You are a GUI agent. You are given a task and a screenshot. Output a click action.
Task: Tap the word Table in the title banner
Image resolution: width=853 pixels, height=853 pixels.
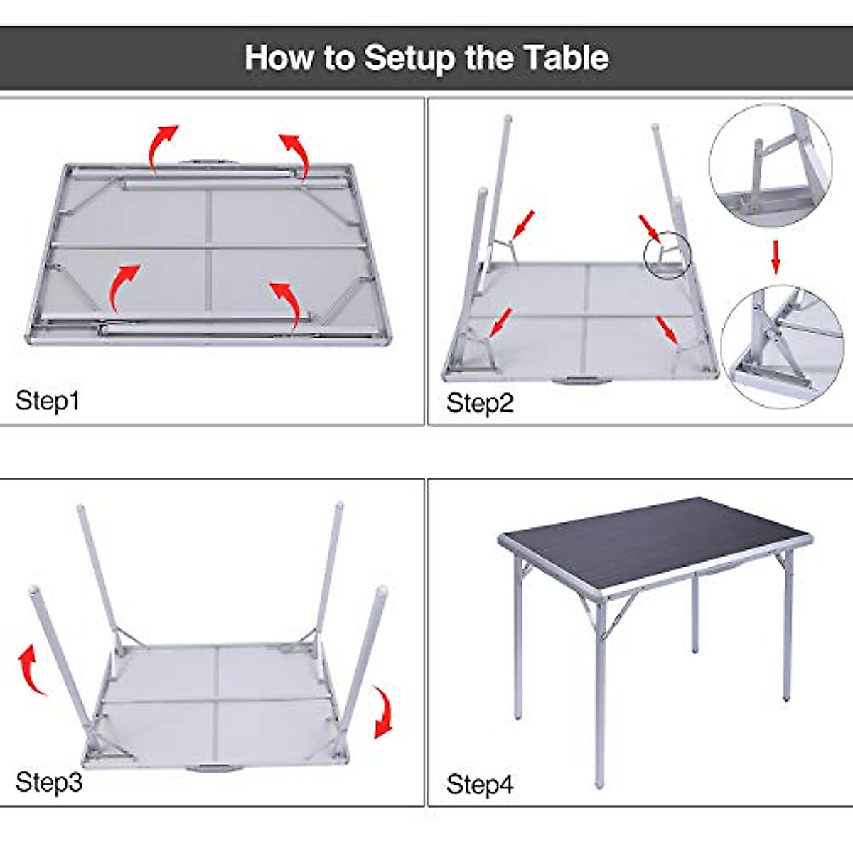click(x=566, y=58)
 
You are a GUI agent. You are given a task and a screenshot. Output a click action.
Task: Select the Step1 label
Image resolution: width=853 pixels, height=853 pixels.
click(x=48, y=401)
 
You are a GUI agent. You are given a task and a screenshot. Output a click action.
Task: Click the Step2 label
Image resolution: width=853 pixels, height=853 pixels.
click(x=479, y=403)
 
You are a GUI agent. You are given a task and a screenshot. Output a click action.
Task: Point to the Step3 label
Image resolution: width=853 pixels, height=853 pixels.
click(x=48, y=782)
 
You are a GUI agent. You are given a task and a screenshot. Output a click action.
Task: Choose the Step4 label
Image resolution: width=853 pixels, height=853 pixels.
click(x=479, y=785)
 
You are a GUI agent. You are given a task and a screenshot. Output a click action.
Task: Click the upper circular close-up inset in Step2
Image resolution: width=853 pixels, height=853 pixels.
click(x=771, y=166)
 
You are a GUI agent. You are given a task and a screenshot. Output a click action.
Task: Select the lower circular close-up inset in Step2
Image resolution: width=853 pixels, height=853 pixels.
click(x=781, y=346)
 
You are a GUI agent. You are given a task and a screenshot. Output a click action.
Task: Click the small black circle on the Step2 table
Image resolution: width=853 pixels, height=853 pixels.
click(x=667, y=255)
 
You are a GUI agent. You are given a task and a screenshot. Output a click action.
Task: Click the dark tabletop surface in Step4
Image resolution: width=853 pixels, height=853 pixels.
click(x=654, y=540)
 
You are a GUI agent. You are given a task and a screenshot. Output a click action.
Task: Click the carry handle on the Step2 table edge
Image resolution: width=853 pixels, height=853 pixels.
click(x=581, y=380)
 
